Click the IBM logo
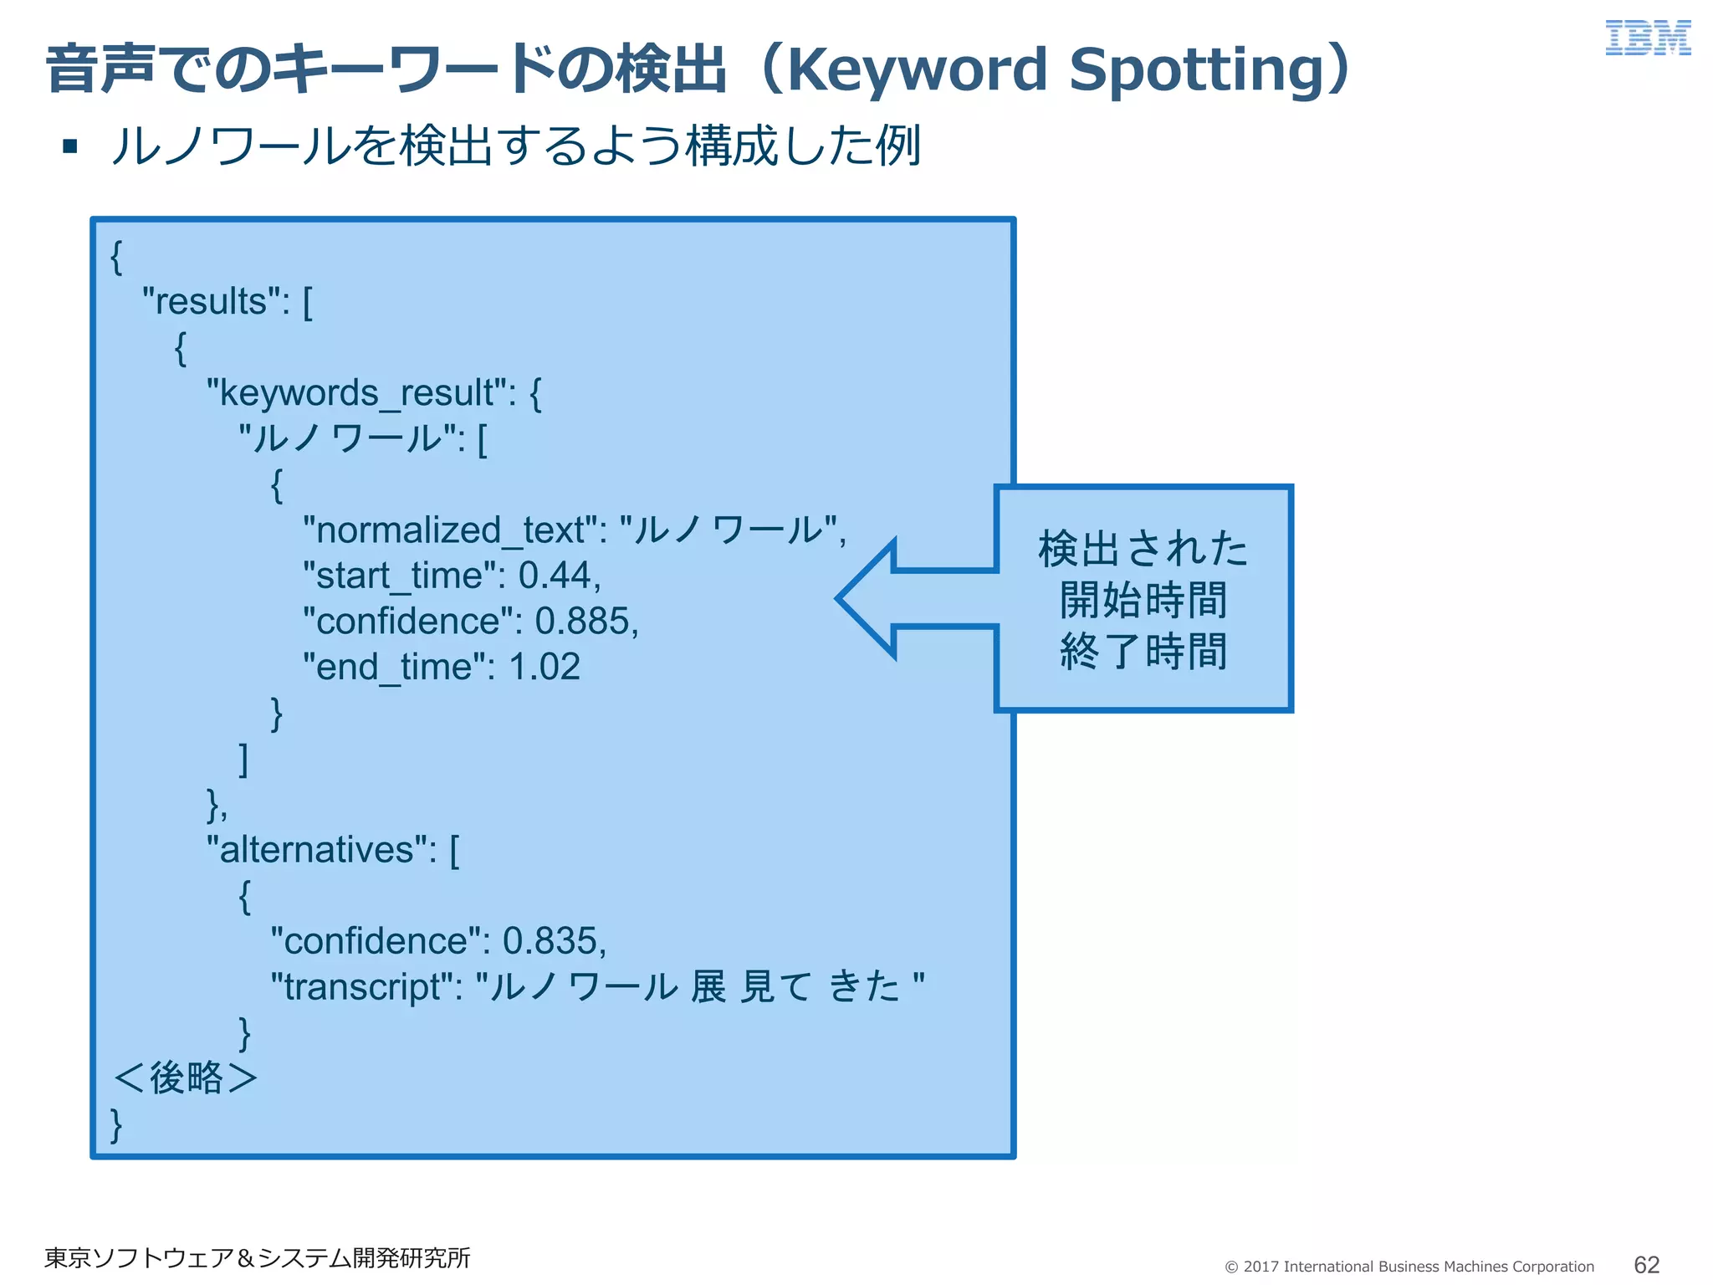1647,38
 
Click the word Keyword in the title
917,69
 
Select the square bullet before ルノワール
70,147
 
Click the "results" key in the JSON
216,301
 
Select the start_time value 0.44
555,576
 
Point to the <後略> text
185,1078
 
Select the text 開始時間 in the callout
1143,600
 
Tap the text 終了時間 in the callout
1143,651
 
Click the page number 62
1646,1264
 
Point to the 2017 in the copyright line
1260,1267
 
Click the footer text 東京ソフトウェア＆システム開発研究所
257,1257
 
